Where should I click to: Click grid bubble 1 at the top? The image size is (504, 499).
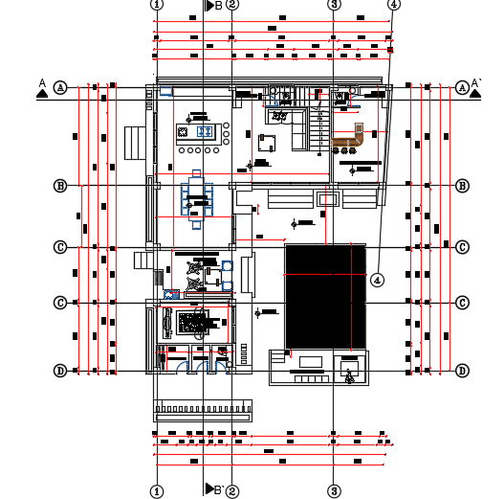click(157, 4)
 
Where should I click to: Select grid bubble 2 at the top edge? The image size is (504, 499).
click(232, 4)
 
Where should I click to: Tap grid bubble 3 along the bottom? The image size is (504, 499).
click(334, 491)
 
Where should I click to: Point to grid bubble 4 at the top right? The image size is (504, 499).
click(395, 4)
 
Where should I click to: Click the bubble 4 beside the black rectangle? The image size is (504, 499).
click(377, 280)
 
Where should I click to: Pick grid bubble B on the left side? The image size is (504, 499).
click(60, 185)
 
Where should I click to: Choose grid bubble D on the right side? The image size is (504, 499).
click(462, 371)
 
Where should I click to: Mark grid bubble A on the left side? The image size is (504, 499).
click(60, 87)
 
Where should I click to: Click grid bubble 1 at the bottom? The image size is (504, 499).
click(157, 491)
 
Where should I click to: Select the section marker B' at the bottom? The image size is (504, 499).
click(214, 489)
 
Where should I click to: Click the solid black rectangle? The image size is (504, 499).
click(326, 296)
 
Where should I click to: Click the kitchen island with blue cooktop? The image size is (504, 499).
click(202, 132)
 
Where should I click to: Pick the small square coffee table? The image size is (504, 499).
click(267, 144)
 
